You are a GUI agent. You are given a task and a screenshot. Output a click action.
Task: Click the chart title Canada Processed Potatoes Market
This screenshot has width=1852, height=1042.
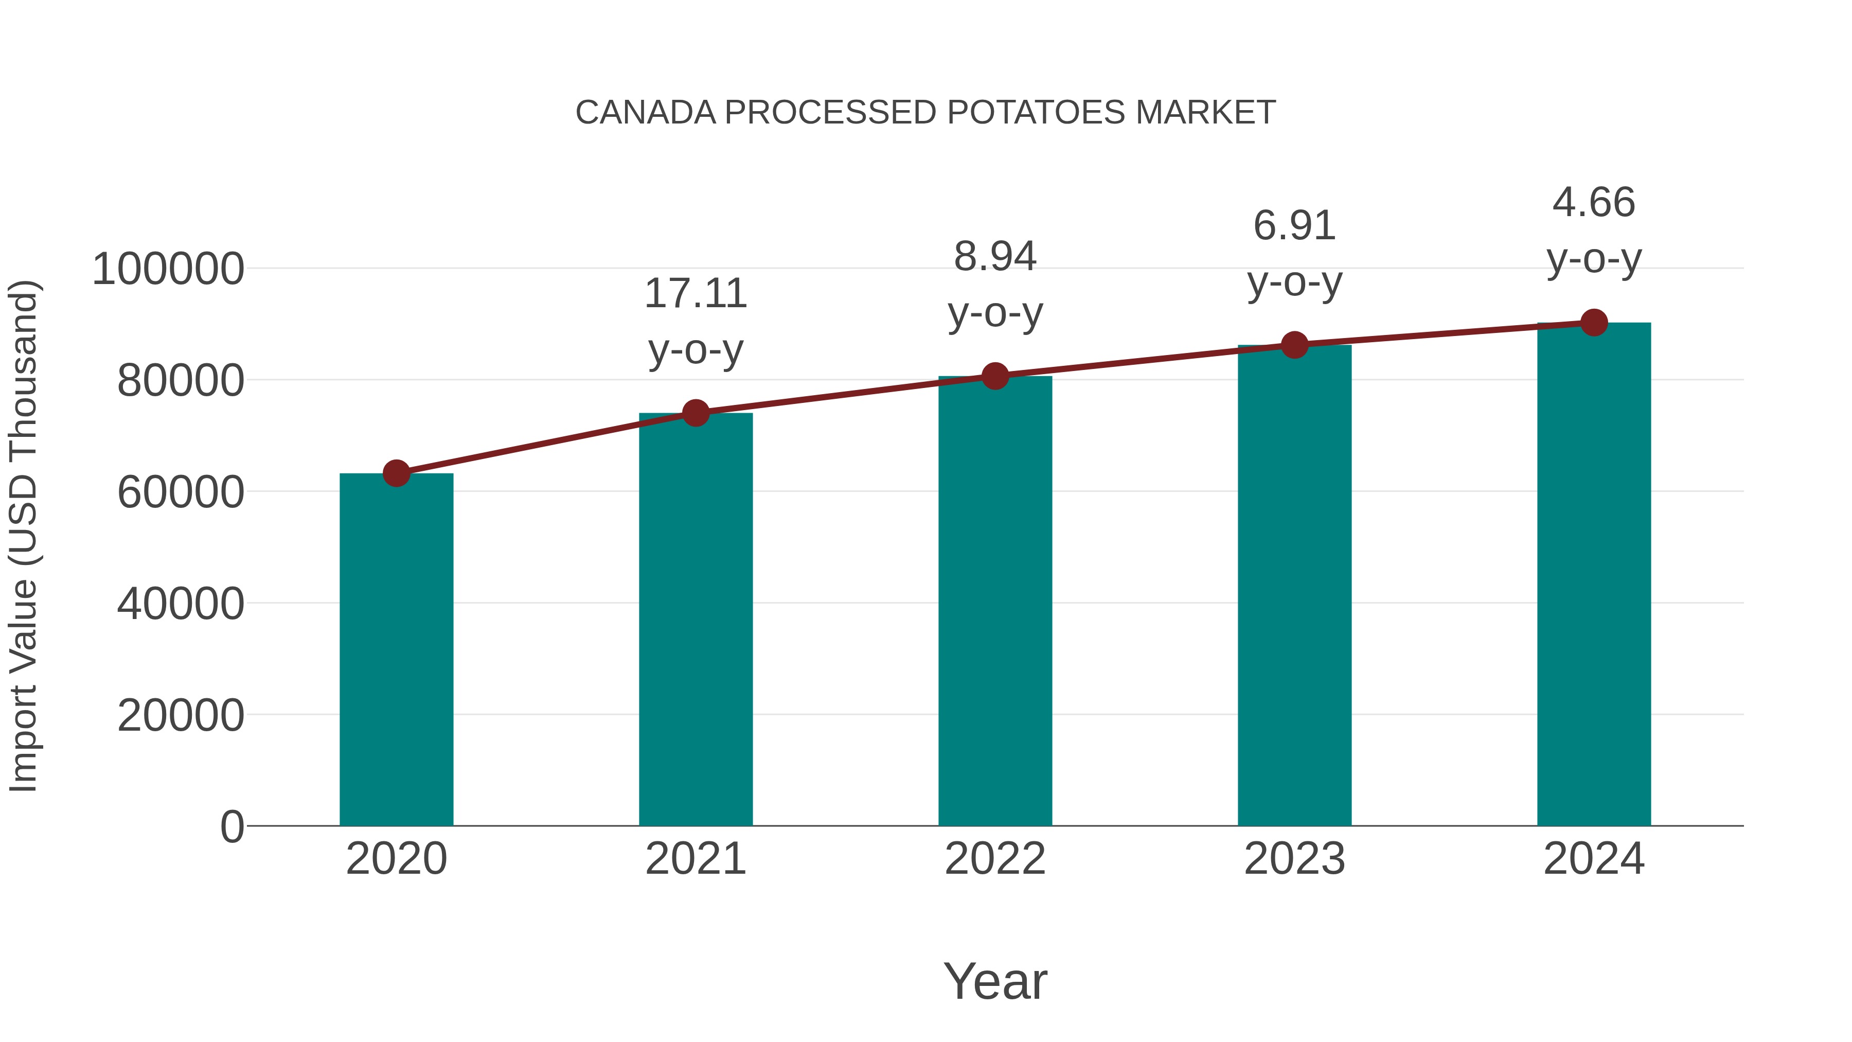(x=925, y=113)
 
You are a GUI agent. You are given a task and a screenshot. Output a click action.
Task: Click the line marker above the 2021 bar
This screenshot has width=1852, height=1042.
(x=695, y=413)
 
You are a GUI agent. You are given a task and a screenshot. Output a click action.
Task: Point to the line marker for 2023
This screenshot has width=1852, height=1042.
(x=1294, y=345)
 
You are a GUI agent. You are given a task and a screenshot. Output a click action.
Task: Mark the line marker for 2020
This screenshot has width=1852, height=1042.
(x=396, y=473)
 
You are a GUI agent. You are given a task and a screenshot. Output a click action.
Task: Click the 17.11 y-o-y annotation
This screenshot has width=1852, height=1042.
(x=695, y=322)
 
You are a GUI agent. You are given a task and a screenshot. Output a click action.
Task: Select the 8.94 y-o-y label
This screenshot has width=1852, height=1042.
(x=995, y=284)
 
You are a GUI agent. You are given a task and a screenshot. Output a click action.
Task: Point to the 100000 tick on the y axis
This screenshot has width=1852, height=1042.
(x=168, y=270)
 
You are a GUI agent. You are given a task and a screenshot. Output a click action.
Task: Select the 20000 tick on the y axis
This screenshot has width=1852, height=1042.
(x=181, y=716)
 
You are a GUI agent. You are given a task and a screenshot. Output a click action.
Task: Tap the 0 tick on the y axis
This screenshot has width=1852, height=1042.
(x=232, y=827)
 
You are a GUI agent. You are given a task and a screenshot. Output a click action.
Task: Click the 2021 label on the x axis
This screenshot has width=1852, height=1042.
(x=695, y=859)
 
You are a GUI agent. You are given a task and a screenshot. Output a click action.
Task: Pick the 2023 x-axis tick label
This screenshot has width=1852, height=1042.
(x=1294, y=859)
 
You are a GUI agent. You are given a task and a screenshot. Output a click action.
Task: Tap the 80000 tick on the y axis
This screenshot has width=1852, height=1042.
(x=181, y=381)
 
